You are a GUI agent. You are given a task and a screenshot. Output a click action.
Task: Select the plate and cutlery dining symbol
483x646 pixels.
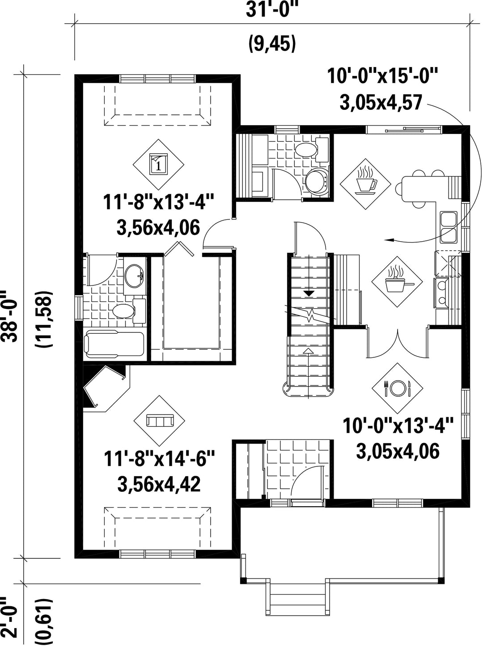(397, 388)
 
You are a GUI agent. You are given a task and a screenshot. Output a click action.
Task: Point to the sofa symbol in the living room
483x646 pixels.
(159, 420)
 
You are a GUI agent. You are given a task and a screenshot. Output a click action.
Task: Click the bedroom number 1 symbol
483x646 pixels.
(158, 164)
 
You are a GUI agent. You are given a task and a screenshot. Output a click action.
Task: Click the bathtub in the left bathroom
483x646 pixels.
(114, 345)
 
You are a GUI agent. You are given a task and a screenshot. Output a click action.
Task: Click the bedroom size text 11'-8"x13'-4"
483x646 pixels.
(158, 202)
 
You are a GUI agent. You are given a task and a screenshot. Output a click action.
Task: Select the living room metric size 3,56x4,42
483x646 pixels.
(159, 484)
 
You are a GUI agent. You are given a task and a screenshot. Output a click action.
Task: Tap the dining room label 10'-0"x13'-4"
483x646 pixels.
(398, 426)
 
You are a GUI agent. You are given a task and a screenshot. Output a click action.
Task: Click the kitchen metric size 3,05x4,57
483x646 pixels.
(381, 103)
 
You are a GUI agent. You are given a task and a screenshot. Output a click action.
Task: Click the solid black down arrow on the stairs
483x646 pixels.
(309, 293)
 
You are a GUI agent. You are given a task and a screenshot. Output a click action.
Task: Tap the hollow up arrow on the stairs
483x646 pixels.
(308, 350)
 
